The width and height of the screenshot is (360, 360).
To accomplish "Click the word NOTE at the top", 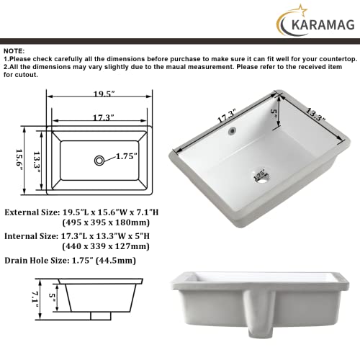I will pos(14,51).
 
